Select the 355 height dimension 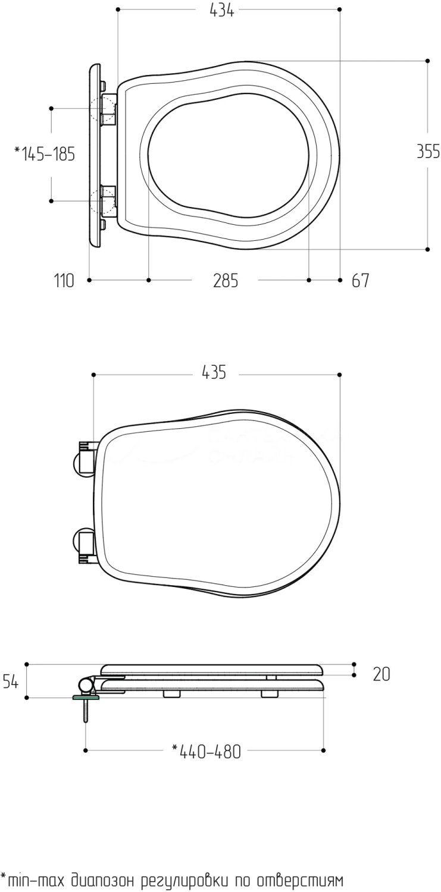(429, 151)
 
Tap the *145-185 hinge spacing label (45, 153)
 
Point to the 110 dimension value (64, 281)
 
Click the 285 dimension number (226, 281)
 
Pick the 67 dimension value (361, 281)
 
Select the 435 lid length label (214, 372)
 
